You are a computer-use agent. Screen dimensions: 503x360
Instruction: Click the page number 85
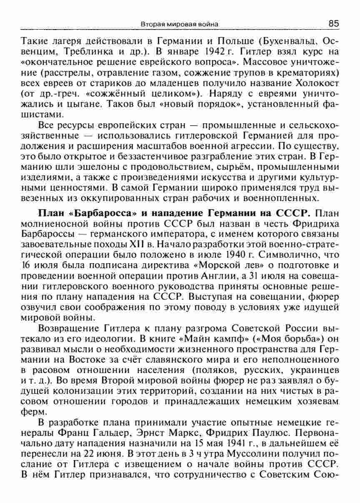pos(333,24)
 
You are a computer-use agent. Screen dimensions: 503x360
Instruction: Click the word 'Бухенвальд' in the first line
pos(289,42)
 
